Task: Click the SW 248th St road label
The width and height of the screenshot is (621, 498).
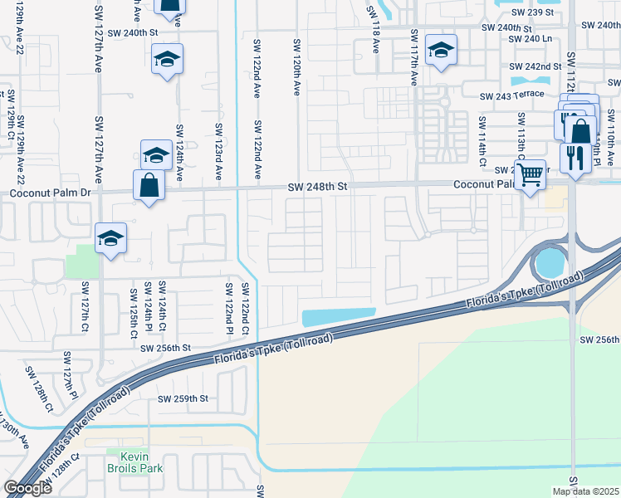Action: click(x=316, y=188)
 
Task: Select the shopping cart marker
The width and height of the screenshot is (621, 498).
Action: click(x=530, y=175)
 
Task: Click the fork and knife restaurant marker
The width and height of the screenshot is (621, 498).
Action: click(x=575, y=156)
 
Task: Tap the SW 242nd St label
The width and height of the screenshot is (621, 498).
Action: click(x=532, y=66)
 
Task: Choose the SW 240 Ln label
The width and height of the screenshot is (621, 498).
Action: click(x=530, y=39)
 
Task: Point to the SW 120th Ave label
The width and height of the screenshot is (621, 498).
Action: click(x=296, y=66)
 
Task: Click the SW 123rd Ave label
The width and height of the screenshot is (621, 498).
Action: click(x=219, y=152)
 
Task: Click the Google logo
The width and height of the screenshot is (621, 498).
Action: click(x=27, y=488)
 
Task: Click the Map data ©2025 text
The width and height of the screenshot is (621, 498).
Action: click(x=586, y=491)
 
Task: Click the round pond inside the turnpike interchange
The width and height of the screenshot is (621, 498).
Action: click(x=548, y=264)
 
